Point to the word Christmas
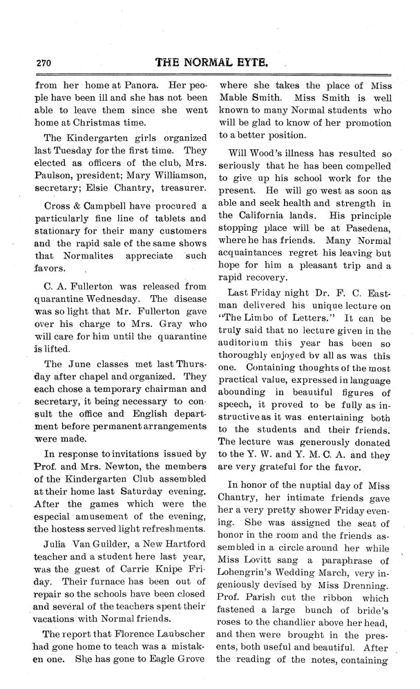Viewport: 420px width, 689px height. [118, 118]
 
